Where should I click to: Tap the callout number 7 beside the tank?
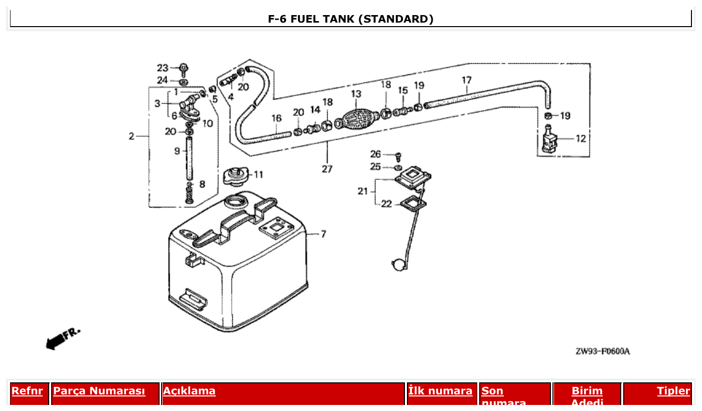coord(323,234)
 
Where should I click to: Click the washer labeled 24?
coord(184,81)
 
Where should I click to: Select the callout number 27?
coord(327,169)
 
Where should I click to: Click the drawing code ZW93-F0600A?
coord(602,351)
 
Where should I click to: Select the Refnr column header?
coord(27,391)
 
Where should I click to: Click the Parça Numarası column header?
coord(99,391)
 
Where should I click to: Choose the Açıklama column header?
coord(189,391)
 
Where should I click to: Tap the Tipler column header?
coord(673,391)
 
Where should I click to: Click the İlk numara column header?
coord(440,391)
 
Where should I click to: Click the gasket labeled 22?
coord(412,203)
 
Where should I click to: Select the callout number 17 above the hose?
coord(467,80)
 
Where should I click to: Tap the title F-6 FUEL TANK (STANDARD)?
coord(351,19)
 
